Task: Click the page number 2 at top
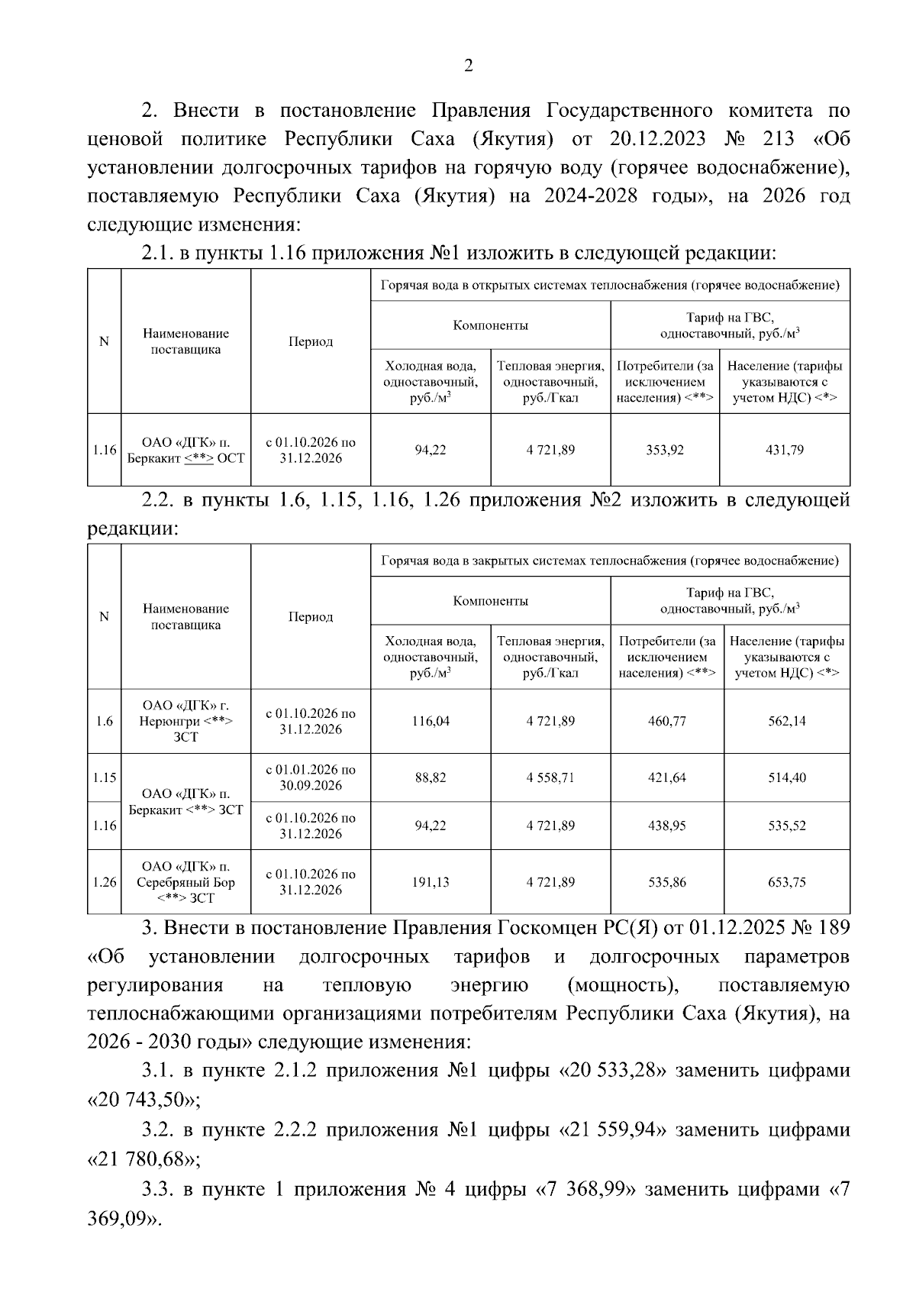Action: pyautogui.click(x=469, y=66)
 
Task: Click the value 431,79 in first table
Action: pyautogui.click(x=785, y=450)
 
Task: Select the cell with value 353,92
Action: pyautogui.click(x=665, y=450)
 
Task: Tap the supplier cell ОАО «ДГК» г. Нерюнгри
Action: pyautogui.click(x=185, y=721)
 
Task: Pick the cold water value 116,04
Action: pyautogui.click(x=431, y=721)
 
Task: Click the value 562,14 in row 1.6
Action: pyautogui.click(x=786, y=721)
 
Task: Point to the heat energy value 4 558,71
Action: pyautogui.click(x=550, y=777)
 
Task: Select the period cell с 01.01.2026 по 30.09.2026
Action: pyautogui.click(x=310, y=777)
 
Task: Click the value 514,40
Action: pyautogui.click(x=786, y=777)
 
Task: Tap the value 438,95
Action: pyautogui.click(x=667, y=826)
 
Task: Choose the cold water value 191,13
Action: pyautogui.click(x=431, y=882)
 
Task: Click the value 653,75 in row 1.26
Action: pyautogui.click(x=786, y=882)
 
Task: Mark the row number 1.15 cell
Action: pyautogui.click(x=105, y=777)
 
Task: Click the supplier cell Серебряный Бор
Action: pyautogui.click(x=185, y=882)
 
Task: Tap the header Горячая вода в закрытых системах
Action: pyautogui.click(x=610, y=561)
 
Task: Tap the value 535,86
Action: pyautogui.click(x=667, y=882)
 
